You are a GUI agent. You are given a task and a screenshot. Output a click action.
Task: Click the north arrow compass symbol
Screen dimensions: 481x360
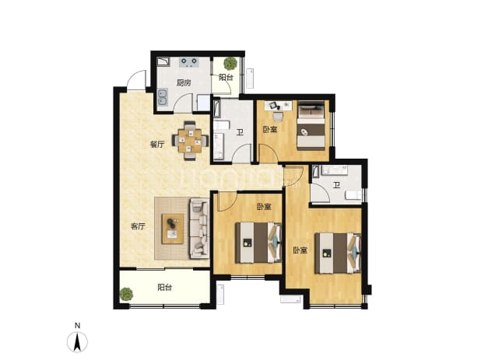[x=77, y=341]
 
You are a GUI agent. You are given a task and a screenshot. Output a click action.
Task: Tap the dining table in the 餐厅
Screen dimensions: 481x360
[x=190, y=141]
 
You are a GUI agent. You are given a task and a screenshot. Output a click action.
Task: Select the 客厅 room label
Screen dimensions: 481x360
[x=138, y=226]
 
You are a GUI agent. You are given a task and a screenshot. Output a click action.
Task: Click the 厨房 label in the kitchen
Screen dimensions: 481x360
[x=184, y=82]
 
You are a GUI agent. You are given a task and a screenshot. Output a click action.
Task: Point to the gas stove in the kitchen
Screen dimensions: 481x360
[x=189, y=62]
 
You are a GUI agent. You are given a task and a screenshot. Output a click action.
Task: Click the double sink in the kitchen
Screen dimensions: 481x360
[x=162, y=97]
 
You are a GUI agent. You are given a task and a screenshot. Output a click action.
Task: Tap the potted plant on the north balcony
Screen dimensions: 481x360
[x=230, y=64]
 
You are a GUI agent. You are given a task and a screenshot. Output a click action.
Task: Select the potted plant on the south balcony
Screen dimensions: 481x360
[x=126, y=294]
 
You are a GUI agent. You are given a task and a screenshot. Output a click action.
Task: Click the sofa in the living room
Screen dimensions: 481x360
[x=199, y=229]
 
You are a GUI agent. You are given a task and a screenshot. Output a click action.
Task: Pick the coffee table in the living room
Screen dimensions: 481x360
[x=173, y=229]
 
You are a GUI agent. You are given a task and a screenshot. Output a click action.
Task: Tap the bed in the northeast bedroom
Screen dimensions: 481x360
[x=311, y=125]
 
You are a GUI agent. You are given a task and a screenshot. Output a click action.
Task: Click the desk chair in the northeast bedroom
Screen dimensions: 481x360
[x=278, y=117]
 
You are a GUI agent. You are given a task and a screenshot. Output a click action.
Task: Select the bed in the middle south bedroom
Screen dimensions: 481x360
[x=258, y=243]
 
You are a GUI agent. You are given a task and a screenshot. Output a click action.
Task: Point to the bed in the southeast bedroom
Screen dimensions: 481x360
[x=338, y=253]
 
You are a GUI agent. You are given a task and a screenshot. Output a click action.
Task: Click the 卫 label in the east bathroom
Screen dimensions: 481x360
[x=337, y=185]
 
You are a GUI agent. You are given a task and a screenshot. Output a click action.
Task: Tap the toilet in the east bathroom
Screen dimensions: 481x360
[x=353, y=195]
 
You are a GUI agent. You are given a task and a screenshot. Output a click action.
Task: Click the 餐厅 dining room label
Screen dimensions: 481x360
[x=157, y=145]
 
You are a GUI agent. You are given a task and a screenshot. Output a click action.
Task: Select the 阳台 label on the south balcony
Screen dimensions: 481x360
[x=165, y=288]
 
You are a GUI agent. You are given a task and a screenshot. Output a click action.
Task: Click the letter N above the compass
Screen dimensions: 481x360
[x=77, y=325]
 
